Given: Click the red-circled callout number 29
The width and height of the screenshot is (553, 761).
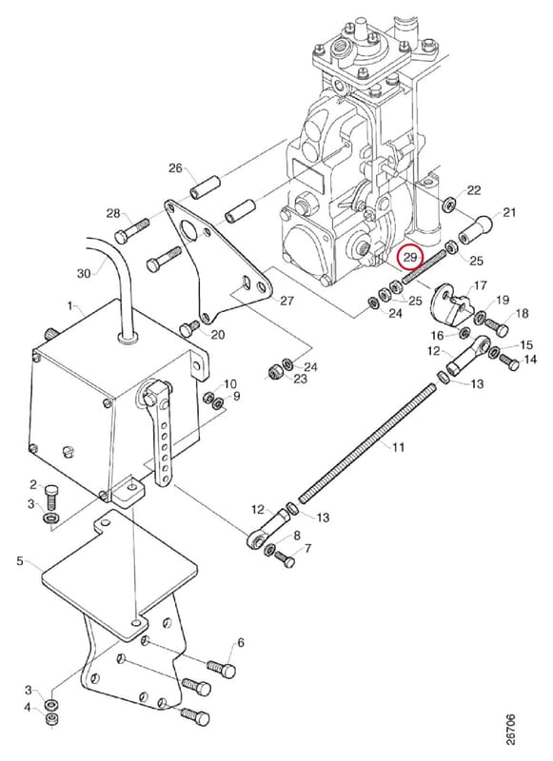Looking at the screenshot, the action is click(410, 257).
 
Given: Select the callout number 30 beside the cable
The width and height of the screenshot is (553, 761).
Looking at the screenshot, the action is click(84, 274).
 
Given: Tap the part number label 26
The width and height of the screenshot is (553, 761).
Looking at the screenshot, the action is click(175, 168).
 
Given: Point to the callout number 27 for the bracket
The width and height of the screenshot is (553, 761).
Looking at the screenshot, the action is click(286, 301).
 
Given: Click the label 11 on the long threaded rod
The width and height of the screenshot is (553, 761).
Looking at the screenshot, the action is click(398, 447).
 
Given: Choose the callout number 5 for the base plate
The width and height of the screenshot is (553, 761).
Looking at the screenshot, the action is click(20, 561).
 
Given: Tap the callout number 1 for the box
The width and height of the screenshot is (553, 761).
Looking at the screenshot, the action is click(69, 305).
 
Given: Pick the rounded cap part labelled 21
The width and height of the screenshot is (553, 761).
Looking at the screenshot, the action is click(476, 230).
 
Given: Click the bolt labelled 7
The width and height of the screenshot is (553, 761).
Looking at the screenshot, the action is click(285, 558).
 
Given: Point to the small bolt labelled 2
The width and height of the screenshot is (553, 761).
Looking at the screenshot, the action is click(51, 497).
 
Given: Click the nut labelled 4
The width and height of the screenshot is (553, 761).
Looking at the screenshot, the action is click(50, 719).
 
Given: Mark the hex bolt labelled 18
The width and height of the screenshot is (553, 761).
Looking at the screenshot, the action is click(498, 327).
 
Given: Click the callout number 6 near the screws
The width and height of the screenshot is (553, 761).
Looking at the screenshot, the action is click(240, 643).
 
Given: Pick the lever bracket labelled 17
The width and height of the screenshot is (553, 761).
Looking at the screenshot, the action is click(449, 304).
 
